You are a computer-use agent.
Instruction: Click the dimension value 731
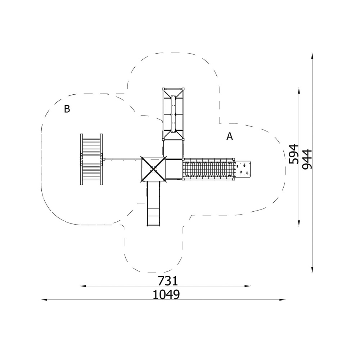168,280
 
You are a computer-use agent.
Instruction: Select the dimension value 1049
166,294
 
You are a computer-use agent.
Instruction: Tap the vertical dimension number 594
294,154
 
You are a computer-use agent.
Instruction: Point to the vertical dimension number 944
307,159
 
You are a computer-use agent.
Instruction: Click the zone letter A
230,136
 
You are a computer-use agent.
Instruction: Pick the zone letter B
67,109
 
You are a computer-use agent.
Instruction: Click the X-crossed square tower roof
153,170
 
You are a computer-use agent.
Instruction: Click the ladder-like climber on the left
91,159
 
